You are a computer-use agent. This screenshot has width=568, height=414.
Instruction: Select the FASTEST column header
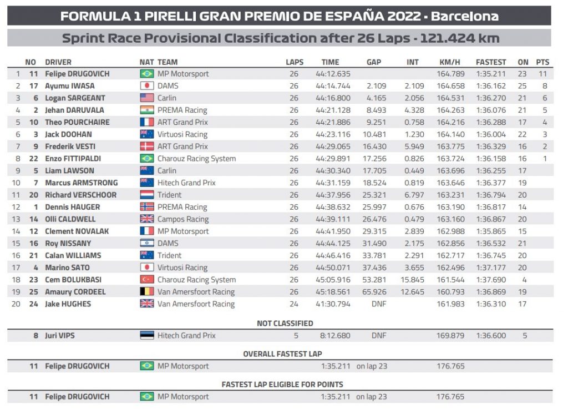491,62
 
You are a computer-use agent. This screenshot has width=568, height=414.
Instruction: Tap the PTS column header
543,62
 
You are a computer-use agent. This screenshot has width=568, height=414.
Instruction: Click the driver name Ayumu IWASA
69,86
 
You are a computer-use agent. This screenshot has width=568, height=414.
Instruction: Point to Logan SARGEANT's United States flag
146,98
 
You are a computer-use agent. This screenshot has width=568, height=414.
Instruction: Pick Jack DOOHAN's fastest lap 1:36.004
491,134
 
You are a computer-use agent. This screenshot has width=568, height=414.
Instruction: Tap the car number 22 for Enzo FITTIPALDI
33,159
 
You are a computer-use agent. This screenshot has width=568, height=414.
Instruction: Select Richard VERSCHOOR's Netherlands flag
146,195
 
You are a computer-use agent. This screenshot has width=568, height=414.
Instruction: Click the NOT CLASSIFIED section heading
285,323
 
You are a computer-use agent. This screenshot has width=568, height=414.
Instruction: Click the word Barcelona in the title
465,16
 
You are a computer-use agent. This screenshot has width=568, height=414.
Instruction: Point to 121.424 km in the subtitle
460,38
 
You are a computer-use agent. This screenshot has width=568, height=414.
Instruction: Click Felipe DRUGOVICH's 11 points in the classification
543,74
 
